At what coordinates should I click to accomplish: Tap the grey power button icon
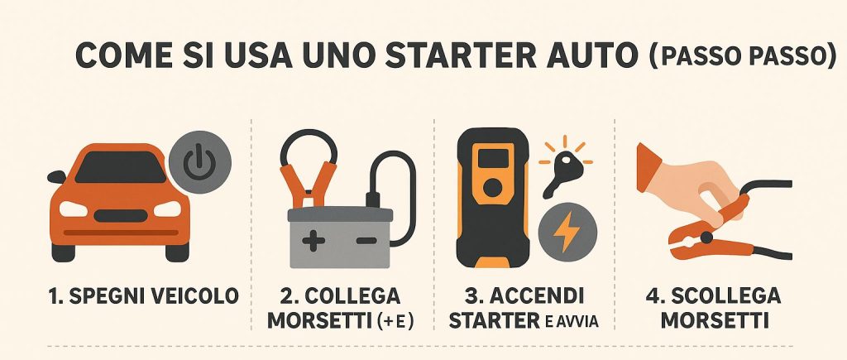[x=200, y=162]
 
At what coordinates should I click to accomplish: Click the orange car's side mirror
[x=56, y=177]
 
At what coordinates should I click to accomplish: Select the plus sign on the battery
[x=313, y=240]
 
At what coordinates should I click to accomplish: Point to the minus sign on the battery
[x=366, y=240]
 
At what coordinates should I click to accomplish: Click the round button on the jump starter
[x=492, y=188]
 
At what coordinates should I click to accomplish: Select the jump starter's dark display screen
[x=493, y=158]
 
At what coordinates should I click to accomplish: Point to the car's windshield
[x=121, y=166]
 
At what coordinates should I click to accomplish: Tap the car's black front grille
[x=121, y=216]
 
